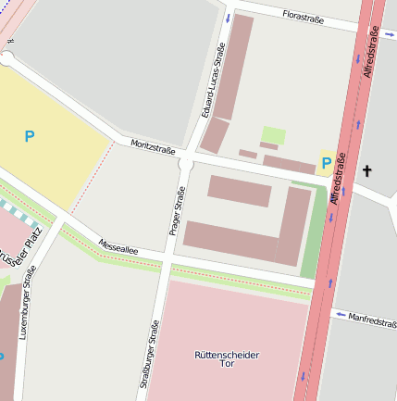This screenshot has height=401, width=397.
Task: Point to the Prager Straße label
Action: [178, 210]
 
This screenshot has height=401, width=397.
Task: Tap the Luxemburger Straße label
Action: [28, 302]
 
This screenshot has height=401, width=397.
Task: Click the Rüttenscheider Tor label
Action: [227, 358]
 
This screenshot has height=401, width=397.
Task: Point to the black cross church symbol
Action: [366, 170]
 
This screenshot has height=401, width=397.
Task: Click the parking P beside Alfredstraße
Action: [326, 163]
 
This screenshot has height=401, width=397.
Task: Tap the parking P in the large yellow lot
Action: [30, 136]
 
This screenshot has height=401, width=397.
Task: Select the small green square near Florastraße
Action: [273, 135]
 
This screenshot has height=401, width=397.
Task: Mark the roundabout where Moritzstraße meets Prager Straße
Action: [185, 164]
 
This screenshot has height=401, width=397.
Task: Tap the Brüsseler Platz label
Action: [19, 247]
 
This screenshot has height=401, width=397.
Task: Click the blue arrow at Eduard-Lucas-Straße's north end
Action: [228, 18]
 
